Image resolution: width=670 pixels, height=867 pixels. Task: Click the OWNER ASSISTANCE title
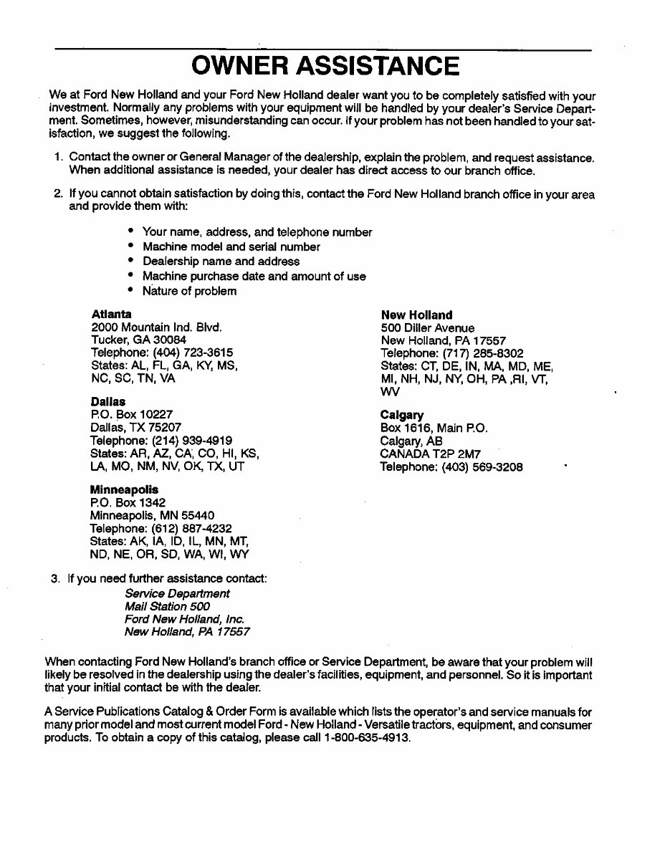tap(325, 67)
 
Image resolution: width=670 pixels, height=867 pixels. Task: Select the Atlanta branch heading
tap(111, 314)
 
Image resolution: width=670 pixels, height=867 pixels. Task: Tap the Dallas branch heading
tap(107, 402)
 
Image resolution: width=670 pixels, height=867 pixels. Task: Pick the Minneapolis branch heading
tap(124, 489)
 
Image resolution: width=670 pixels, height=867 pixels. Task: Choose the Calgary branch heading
tap(402, 415)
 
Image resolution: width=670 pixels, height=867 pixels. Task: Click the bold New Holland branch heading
tap(416, 315)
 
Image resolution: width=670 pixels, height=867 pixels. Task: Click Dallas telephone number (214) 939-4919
tap(192, 440)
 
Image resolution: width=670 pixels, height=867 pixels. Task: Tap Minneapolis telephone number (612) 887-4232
tap(192, 528)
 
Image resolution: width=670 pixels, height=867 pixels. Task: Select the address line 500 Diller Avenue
tap(427, 327)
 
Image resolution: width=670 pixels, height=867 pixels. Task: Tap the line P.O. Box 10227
tap(132, 414)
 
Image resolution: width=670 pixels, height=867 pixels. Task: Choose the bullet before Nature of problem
tap(130, 291)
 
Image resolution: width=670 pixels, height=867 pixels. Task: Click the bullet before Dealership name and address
tap(130, 262)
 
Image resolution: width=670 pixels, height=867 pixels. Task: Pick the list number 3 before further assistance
tap(54, 578)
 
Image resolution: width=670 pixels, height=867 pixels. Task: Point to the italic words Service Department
tap(177, 593)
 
